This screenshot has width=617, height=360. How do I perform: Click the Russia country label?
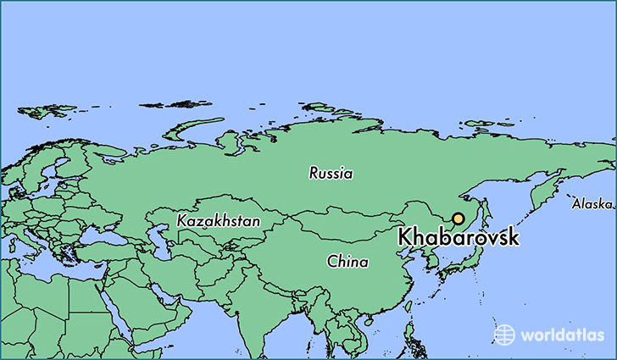point(331,174)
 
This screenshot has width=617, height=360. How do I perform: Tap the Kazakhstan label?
point(219,221)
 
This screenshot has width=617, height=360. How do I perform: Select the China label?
point(347,263)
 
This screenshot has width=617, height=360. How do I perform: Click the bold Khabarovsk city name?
point(459,238)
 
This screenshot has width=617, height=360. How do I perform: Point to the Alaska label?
point(591,204)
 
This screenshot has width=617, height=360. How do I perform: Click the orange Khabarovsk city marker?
point(458,219)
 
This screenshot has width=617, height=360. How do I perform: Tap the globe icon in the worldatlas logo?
point(504,334)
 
